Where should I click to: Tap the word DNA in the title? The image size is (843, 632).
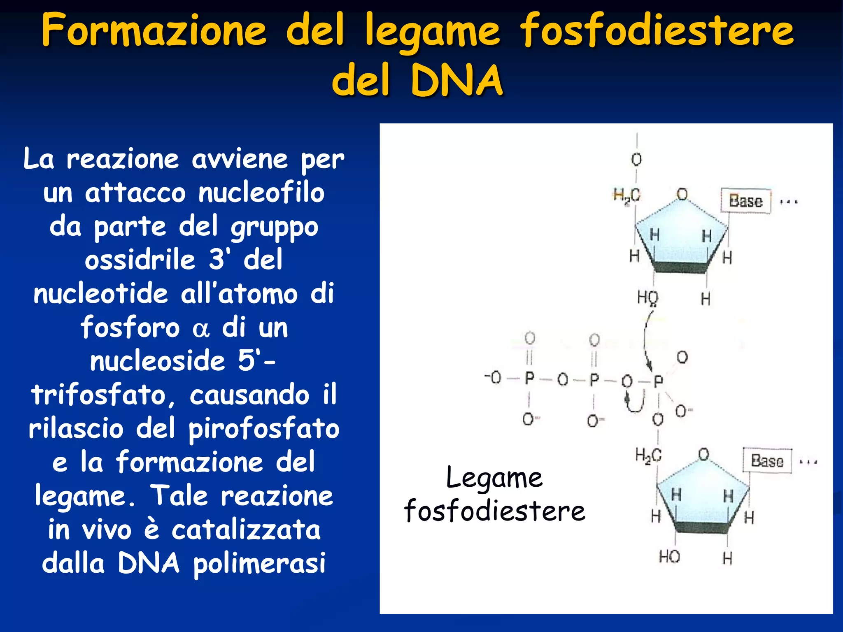tap(456, 80)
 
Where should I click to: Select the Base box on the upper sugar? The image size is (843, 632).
tap(745, 201)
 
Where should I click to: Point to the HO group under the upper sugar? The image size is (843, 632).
tap(647, 297)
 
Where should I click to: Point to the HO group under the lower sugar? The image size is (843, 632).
tap(669, 557)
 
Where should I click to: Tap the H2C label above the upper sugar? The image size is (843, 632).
tap(626, 195)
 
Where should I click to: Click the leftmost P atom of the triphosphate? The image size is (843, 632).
tap(529, 378)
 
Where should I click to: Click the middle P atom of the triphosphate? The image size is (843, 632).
tap(594, 379)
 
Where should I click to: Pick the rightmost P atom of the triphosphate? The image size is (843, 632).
tap(658, 381)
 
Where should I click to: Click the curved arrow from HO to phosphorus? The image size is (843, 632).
tap(645, 337)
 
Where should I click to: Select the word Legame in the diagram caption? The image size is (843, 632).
tap(494, 478)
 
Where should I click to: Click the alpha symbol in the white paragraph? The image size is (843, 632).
tap(201, 329)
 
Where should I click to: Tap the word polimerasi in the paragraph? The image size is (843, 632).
tap(260, 564)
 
